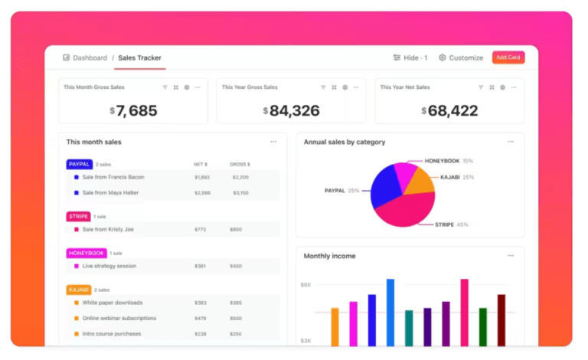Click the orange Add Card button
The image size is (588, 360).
pos(508,57)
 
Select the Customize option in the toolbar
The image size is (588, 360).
pos(461,57)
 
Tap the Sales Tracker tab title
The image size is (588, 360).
pos(139,57)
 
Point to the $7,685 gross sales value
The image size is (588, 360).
pos(133,110)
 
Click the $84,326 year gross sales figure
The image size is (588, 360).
pos(291,110)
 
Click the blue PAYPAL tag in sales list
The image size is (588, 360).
pos(80,164)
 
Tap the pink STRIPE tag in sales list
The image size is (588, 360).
pos(79,216)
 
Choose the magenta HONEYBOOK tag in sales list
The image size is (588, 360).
pos(87,253)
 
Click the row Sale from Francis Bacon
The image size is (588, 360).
pos(113,177)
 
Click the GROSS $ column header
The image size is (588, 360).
pos(240,164)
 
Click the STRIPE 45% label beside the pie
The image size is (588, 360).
pos(452,224)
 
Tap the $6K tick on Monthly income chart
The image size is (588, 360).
pos(305,285)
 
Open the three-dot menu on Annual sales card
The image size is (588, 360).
pos(511,142)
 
